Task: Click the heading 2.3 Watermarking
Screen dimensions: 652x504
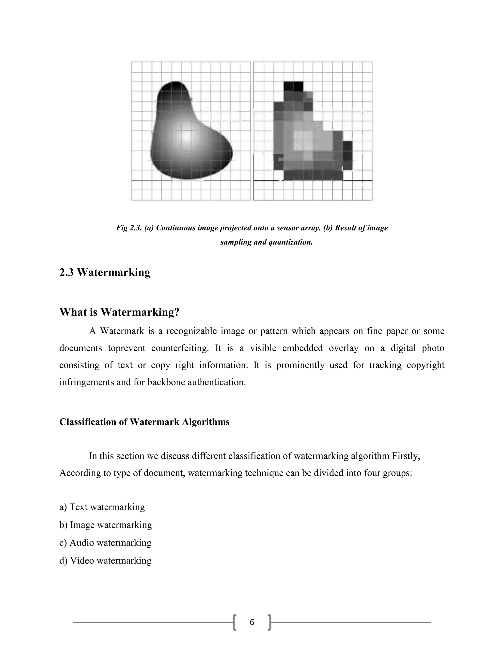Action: [x=105, y=272]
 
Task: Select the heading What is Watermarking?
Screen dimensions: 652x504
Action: [x=119, y=312]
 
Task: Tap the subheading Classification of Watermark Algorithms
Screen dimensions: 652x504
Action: [x=144, y=422]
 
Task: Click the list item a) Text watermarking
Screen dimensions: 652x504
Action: [x=102, y=507]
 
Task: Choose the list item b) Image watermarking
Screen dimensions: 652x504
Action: [x=105, y=525]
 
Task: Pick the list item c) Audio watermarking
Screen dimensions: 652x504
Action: [x=105, y=543]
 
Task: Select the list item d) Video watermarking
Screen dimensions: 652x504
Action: [x=105, y=560]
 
